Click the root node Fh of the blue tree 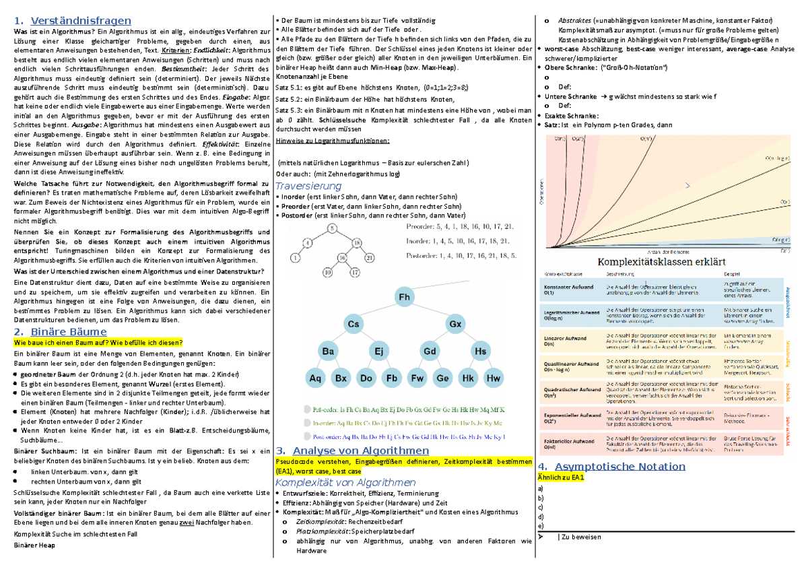coord(405,297)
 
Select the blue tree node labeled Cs coord(353,325)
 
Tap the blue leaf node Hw coord(494,378)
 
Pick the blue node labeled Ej coord(378,351)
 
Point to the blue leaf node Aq coord(315,378)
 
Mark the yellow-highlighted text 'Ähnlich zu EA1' coord(561,477)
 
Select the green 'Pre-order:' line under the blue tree coord(404,409)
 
